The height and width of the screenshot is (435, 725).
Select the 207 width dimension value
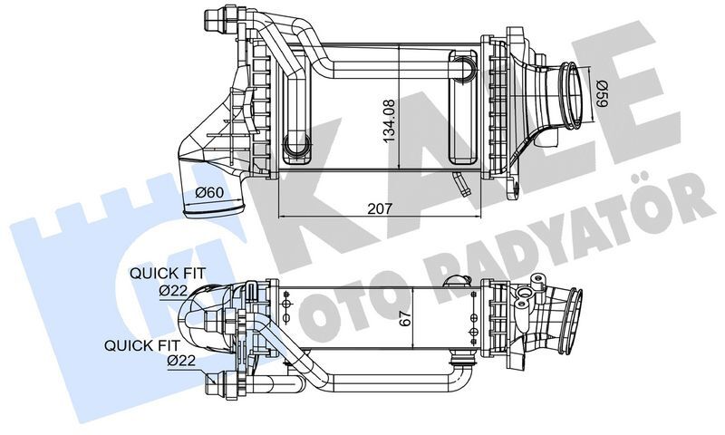(381, 208)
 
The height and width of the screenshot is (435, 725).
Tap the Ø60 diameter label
(211, 192)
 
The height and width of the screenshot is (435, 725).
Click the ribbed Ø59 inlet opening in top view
(571, 93)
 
